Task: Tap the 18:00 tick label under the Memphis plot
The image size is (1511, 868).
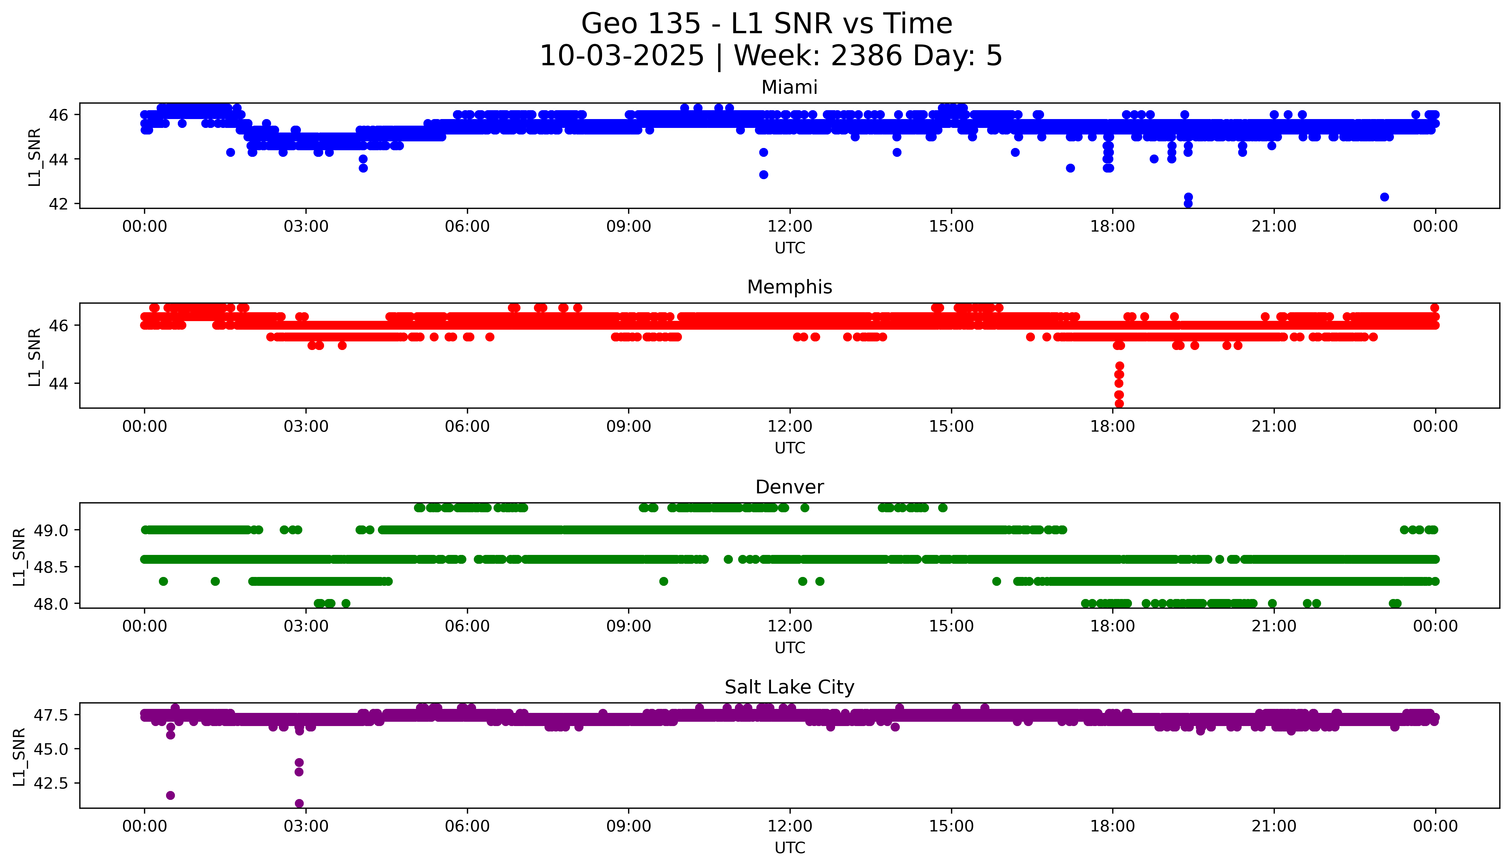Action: [x=1113, y=426]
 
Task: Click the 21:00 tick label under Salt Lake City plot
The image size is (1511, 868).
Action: [x=1274, y=826]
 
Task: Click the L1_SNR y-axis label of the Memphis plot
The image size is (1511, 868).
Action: [x=35, y=357]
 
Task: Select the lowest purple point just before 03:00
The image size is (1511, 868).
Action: [x=299, y=803]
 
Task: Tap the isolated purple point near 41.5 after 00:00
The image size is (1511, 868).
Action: [x=171, y=795]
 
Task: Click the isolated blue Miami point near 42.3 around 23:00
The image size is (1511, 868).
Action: [x=1384, y=197]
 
